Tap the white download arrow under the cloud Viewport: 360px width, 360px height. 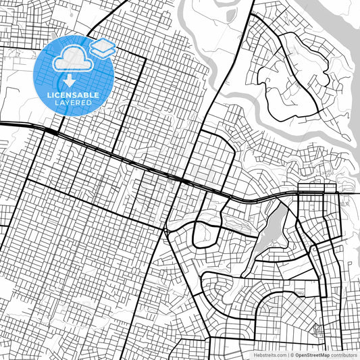68,82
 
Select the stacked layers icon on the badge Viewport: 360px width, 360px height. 103,48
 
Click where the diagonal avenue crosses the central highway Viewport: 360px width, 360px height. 183,181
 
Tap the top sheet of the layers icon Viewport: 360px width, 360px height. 103,45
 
